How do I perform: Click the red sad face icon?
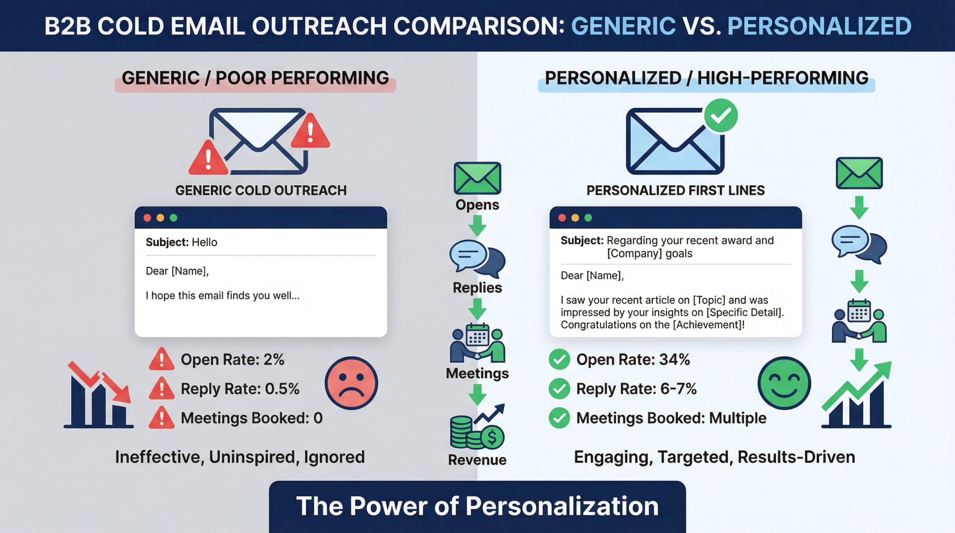click(x=351, y=383)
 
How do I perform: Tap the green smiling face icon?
click(x=784, y=383)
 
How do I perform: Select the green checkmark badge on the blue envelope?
click(x=721, y=116)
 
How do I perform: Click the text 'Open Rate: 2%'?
click(x=233, y=360)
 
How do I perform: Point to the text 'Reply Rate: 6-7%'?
click(x=637, y=389)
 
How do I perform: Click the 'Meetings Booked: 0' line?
click(x=252, y=418)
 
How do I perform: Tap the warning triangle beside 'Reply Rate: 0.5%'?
click(x=161, y=389)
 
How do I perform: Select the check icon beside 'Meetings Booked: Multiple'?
click(x=559, y=418)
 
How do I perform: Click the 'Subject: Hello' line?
click(x=181, y=242)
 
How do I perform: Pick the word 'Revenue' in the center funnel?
click(x=477, y=460)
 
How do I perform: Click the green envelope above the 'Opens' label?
click(x=477, y=178)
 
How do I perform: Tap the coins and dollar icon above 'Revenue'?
click(x=477, y=427)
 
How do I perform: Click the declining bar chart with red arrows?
click(x=99, y=396)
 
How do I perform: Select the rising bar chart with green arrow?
click(x=857, y=396)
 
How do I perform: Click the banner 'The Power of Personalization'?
click(x=477, y=506)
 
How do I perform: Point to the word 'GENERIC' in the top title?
click(x=623, y=26)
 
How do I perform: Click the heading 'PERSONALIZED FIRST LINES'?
click(x=675, y=191)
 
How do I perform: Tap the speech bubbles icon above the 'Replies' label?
click(x=477, y=258)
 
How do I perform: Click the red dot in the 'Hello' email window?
click(x=148, y=218)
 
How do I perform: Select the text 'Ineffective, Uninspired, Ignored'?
click(x=240, y=457)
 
